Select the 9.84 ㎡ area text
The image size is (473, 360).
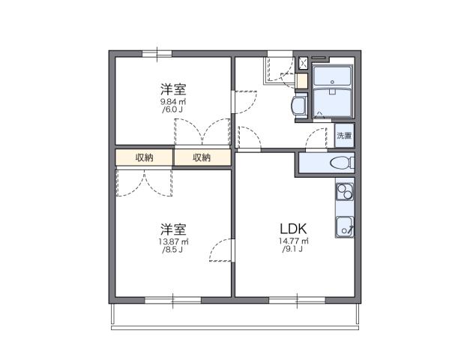172,100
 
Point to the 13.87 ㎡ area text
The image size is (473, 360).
172,241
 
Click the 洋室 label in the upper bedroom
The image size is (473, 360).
172,87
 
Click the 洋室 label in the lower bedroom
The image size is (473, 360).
172,228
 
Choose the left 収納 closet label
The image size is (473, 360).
144,157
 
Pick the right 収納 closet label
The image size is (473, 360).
202,157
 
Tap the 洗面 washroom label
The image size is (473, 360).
344,136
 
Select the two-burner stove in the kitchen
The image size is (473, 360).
344,192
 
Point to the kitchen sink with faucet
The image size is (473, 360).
345,225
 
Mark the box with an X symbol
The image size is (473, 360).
303,62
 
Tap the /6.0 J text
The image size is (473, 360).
172,109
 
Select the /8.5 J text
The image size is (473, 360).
172,250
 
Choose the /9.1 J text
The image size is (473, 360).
292,250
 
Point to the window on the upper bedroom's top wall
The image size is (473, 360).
157,52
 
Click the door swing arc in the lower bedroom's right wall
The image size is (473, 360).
220,250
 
